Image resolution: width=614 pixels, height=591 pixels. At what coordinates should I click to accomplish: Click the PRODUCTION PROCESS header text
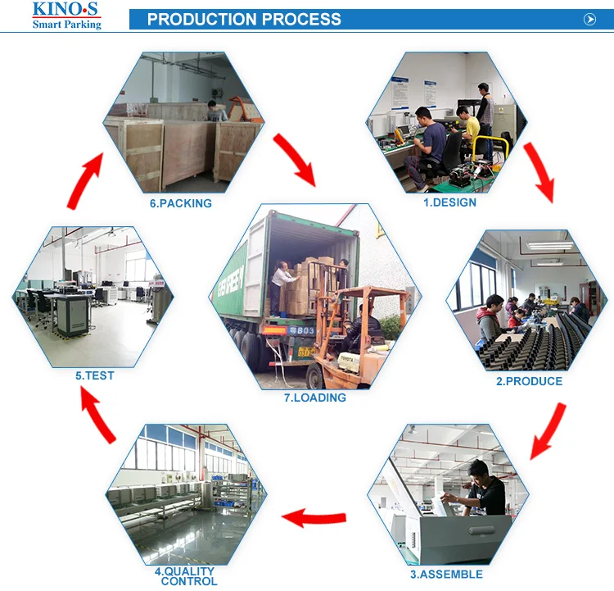(244, 19)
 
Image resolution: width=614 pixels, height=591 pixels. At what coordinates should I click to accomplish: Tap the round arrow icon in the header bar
(589, 20)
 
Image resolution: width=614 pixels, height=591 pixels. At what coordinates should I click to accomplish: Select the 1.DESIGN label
(449, 202)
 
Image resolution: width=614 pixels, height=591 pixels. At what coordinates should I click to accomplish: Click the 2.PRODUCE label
(529, 381)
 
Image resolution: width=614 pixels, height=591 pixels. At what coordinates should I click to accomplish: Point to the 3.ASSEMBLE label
(446, 575)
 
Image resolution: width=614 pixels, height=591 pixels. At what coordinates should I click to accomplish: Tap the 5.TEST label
(94, 375)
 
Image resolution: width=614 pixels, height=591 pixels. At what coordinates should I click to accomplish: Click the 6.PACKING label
(180, 203)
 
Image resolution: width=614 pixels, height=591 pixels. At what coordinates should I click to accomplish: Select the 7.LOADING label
(315, 398)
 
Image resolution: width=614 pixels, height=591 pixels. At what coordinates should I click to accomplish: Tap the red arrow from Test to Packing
(84, 180)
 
